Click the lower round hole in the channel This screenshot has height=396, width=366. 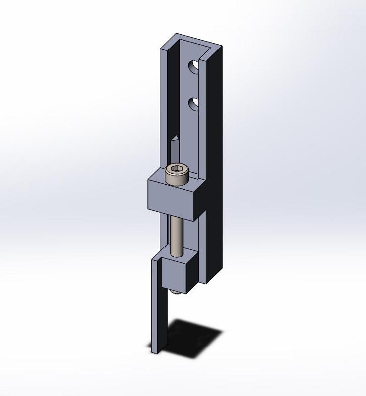pos(194,104)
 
